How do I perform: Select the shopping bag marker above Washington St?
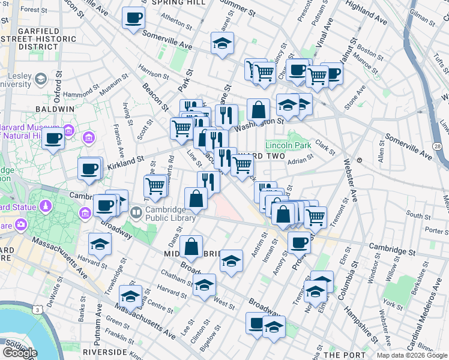point(258,110)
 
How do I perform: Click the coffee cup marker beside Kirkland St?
point(89,169)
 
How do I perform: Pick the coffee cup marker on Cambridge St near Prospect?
point(299,242)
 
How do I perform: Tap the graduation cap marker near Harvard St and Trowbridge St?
point(100,244)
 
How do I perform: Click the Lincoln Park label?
point(288,145)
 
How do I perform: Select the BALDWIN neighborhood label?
point(55,109)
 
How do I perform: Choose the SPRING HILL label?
point(179,3)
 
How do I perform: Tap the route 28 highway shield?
point(438,146)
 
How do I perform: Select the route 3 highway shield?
point(37,310)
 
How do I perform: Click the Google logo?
point(20,352)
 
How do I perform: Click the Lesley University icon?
point(41,79)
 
